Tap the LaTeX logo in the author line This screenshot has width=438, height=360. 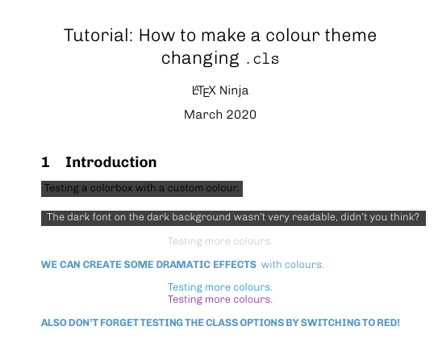coord(203,90)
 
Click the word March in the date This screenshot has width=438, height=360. coord(202,115)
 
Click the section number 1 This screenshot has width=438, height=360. coord(45,162)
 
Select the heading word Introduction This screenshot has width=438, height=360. coord(111,162)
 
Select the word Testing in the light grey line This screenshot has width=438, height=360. coord(185,241)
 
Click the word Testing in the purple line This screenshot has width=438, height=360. coord(185,299)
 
